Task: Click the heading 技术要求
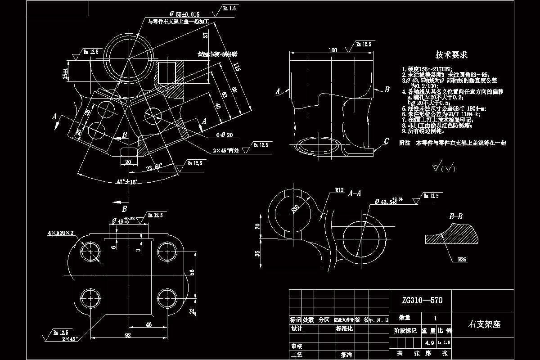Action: tap(451, 55)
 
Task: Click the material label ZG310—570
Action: tap(419, 300)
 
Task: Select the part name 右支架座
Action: tap(485, 324)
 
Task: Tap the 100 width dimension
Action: tap(333, 50)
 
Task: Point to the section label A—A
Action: tap(355, 193)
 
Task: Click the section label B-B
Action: tap(456, 216)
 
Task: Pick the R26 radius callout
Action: tap(463, 259)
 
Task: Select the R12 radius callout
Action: tap(339, 190)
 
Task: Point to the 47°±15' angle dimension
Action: tap(126, 182)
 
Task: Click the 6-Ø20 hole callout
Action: tap(224, 135)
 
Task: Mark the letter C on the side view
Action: tap(386, 142)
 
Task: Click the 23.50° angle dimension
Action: tap(154, 166)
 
